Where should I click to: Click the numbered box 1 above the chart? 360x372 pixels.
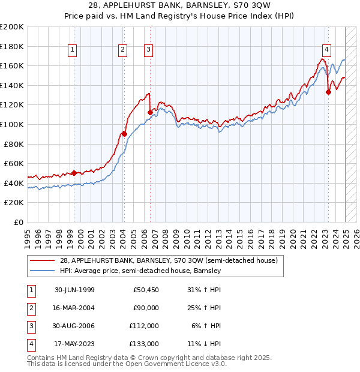(72, 50)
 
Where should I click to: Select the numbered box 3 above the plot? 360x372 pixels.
(148, 50)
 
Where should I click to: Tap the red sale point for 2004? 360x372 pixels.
(124, 134)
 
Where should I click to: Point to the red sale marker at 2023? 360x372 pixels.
(328, 92)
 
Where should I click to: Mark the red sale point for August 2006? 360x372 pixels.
(150, 112)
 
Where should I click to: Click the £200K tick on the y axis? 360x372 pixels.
(12, 26)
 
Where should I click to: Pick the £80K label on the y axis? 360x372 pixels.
(14, 144)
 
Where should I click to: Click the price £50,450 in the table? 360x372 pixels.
(146, 290)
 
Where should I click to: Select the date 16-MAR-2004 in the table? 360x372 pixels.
(74, 308)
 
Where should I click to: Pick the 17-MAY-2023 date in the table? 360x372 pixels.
(74, 344)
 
